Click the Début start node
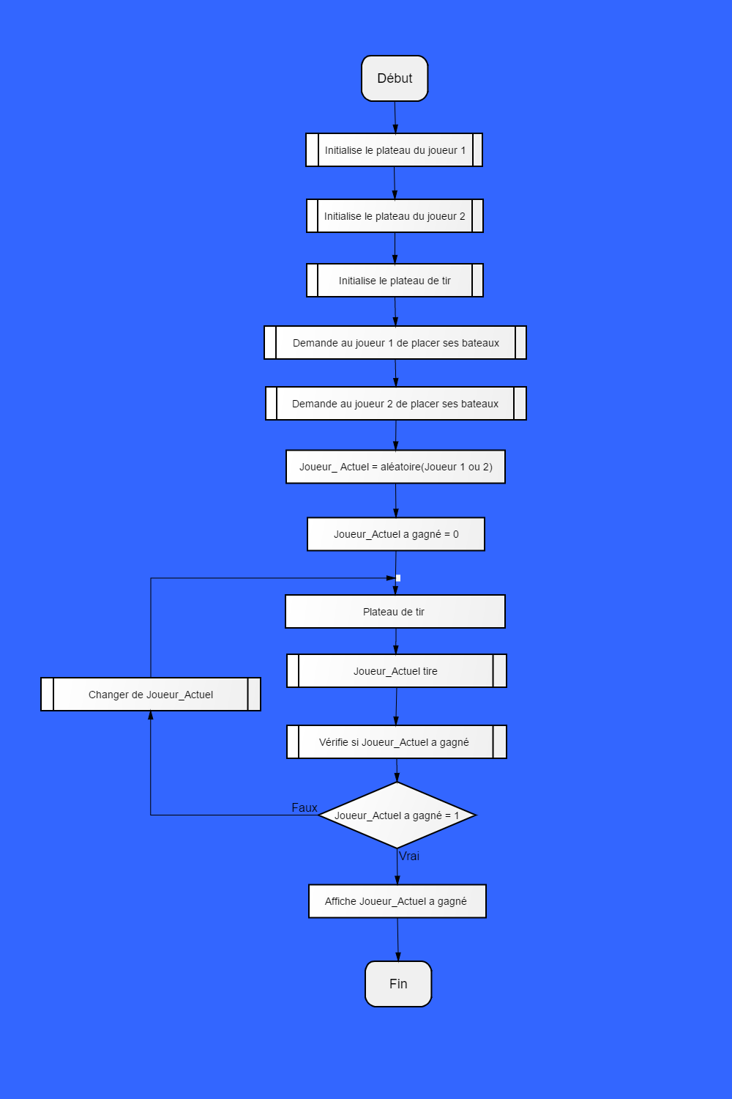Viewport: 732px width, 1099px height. tap(395, 78)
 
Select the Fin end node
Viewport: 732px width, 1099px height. tap(398, 984)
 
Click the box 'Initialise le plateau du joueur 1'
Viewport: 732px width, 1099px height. tap(395, 150)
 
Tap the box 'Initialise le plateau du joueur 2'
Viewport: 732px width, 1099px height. tap(395, 216)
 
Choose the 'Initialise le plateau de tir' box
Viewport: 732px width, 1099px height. tap(395, 280)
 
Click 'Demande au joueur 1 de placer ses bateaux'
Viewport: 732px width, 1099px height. tap(395, 342)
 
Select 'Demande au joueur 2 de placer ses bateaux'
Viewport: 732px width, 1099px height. tap(396, 403)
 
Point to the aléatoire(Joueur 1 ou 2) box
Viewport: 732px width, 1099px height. tap(396, 467)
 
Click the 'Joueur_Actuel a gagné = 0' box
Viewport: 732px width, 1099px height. tap(396, 534)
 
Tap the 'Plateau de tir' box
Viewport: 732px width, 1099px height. tap(395, 612)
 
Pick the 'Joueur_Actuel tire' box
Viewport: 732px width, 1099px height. tap(397, 670)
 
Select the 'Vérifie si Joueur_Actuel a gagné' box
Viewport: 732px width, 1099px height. tap(397, 741)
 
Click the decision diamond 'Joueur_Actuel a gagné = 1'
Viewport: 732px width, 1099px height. tap(397, 815)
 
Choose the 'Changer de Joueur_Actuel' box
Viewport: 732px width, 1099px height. tap(151, 695)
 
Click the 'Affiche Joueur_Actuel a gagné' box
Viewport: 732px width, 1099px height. tap(397, 901)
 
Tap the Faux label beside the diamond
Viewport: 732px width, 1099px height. tap(305, 807)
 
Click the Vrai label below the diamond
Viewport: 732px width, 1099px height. tap(409, 856)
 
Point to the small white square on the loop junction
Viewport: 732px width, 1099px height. tap(398, 578)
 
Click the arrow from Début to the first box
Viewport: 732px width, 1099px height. tap(395, 117)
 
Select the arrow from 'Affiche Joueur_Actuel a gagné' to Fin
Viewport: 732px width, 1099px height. tap(397, 939)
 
